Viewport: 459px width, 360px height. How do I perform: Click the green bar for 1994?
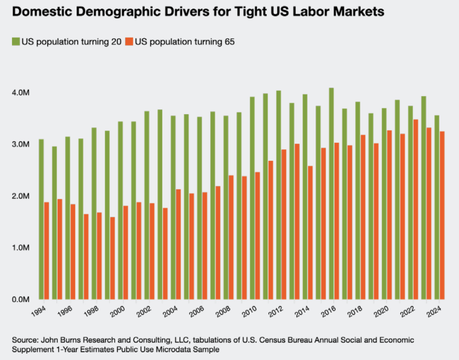point(41,219)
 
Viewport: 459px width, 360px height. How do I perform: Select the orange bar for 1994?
point(46,250)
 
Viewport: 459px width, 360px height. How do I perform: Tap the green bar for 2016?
point(331,193)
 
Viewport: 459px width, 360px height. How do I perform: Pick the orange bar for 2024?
point(442,215)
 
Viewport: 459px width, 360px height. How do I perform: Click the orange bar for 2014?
point(310,232)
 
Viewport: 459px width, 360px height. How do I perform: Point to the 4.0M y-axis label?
point(21,93)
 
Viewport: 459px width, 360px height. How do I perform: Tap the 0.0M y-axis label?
point(21,299)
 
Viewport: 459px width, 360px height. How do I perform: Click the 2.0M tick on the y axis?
point(21,196)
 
